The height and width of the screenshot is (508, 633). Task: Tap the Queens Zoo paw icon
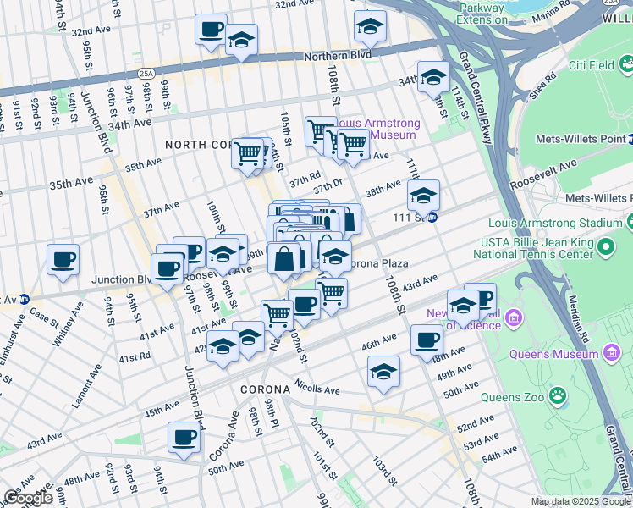pos(558,395)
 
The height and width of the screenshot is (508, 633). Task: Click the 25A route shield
pos(146,75)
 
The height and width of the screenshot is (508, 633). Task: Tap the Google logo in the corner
pos(28,497)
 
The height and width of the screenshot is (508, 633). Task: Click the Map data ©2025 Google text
pos(581,501)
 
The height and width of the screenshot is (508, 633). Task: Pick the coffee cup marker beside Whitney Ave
pos(63,259)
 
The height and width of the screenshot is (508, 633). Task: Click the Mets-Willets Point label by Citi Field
pos(585,139)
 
